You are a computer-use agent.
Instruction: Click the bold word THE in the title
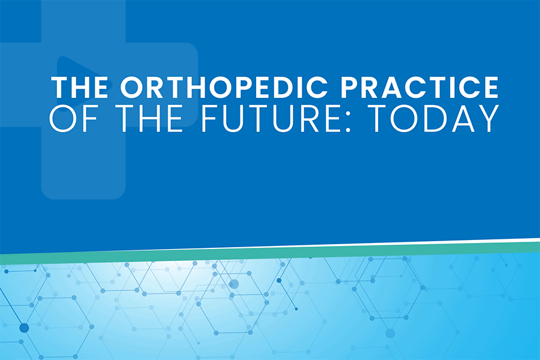pyautogui.click(x=80, y=87)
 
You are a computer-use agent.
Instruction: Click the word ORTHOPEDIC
pyautogui.click(x=224, y=87)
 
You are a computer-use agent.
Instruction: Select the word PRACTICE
pyautogui.click(x=419, y=87)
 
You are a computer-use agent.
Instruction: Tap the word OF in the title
pyautogui.click(x=73, y=119)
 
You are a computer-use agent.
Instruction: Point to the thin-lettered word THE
pyautogui.click(x=148, y=119)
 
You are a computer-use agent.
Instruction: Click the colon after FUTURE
pyautogui.click(x=347, y=122)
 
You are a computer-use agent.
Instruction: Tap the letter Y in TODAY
pyautogui.click(x=488, y=119)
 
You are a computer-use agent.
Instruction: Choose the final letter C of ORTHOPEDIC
pyautogui.click(x=316, y=87)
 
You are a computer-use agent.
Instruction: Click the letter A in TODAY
pyautogui.click(x=463, y=119)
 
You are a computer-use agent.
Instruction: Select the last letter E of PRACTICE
pyautogui.click(x=490, y=87)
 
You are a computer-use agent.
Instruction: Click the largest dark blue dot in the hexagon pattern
pyautogui.click(x=24, y=328)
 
